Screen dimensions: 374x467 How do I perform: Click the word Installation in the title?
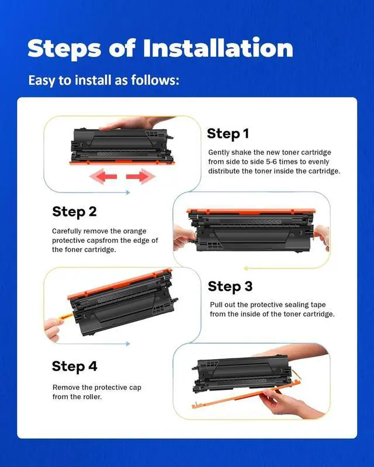[x=218, y=48]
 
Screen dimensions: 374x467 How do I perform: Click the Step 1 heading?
[x=228, y=134]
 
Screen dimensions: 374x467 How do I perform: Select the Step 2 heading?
[x=75, y=212]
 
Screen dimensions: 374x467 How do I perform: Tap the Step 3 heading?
[x=230, y=287]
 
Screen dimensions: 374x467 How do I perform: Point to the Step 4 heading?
[x=75, y=367]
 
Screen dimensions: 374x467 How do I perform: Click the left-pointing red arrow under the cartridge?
[x=103, y=176]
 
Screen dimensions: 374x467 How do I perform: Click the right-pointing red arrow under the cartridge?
[x=140, y=176]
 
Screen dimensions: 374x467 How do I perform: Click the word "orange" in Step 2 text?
[x=134, y=231]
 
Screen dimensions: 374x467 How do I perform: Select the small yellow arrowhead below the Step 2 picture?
[x=246, y=269]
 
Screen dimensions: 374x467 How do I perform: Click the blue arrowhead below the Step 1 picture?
[x=128, y=193]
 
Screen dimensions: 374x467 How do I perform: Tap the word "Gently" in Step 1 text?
[x=219, y=153]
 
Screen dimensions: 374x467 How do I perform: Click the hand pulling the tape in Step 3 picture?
[x=54, y=329]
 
